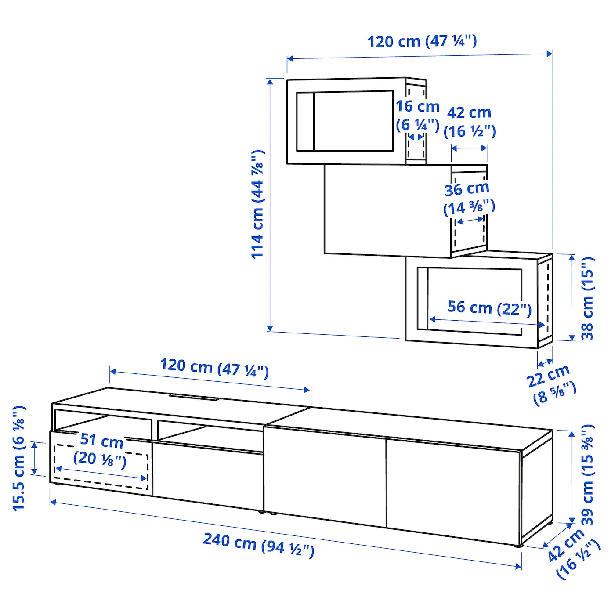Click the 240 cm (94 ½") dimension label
click(x=258, y=545)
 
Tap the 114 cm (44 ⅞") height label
click(x=258, y=205)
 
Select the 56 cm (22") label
click(x=489, y=308)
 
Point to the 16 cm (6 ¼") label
click(x=417, y=116)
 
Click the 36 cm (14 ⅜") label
click(x=468, y=199)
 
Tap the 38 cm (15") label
click(x=587, y=298)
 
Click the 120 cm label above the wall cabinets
click(x=422, y=41)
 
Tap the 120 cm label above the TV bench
click(x=214, y=367)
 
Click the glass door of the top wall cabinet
click(x=345, y=121)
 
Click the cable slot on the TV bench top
click(x=194, y=398)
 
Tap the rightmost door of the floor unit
click(x=452, y=485)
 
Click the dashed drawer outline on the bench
click(x=101, y=467)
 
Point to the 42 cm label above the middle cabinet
click(x=469, y=122)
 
